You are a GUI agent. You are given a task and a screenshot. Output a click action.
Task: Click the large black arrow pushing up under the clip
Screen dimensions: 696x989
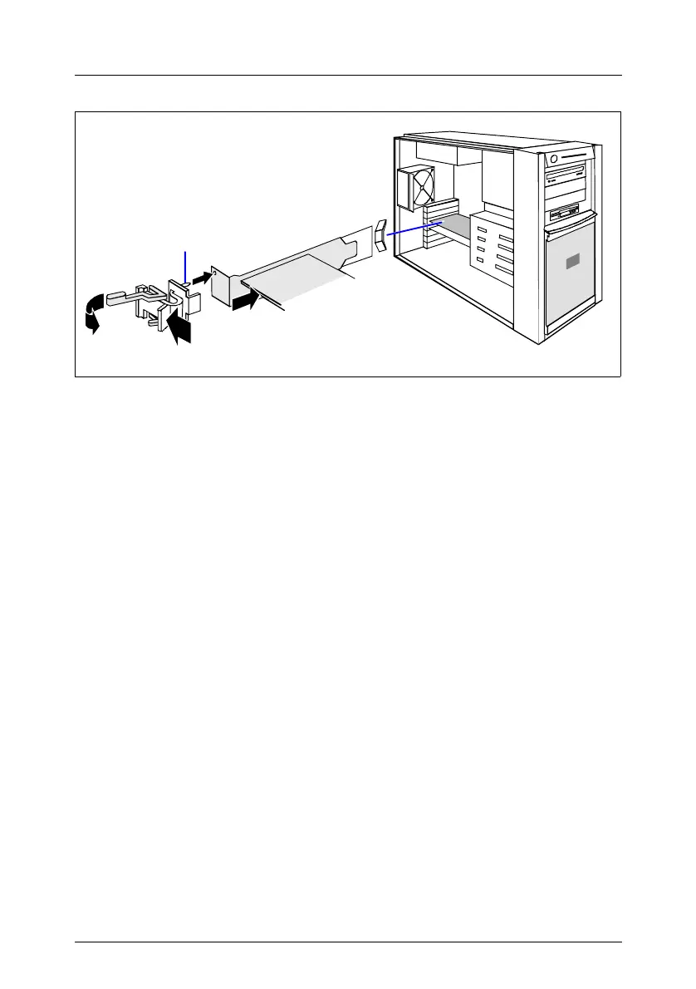[x=179, y=326]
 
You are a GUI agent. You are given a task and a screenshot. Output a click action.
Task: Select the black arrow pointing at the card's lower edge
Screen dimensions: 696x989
[x=246, y=298]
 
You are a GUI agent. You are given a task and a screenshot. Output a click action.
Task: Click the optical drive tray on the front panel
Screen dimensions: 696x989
[x=566, y=176]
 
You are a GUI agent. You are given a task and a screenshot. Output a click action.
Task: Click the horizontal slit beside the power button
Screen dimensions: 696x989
[x=578, y=156]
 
